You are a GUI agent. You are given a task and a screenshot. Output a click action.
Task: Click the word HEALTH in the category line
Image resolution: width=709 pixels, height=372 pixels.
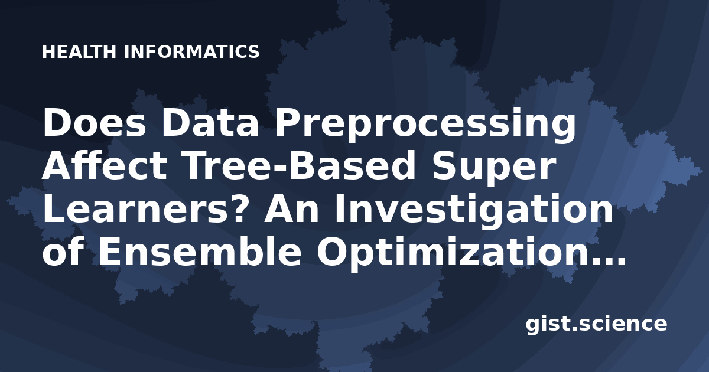(79, 52)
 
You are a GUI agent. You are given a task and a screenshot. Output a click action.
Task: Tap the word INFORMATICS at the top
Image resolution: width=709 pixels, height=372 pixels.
(192, 52)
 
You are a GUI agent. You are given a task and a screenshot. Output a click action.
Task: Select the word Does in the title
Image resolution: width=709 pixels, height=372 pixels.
(94, 123)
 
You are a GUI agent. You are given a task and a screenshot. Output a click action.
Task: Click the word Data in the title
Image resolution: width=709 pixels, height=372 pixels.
(210, 123)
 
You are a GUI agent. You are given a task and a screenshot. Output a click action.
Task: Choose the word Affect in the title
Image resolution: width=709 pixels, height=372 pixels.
(105, 165)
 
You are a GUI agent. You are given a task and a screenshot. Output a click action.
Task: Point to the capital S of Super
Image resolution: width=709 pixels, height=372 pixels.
(445, 165)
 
